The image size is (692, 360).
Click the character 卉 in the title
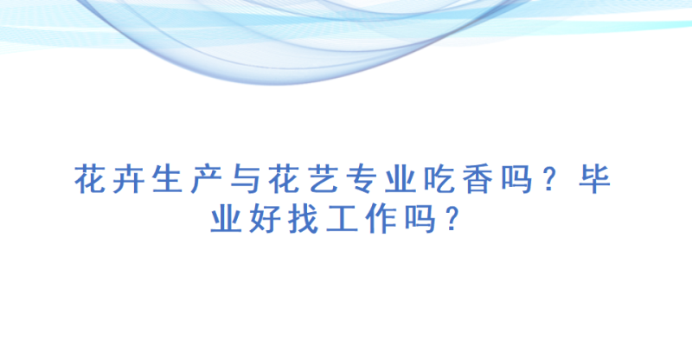(x=128, y=179)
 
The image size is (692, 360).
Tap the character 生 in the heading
(x=167, y=179)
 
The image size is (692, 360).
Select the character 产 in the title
(x=206, y=179)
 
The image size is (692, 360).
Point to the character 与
(x=245, y=179)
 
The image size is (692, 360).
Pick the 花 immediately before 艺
(x=284, y=179)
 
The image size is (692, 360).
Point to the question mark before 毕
(x=550, y=179)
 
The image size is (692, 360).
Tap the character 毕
(x=595, y=179)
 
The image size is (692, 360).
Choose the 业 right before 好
(x=226, y=218)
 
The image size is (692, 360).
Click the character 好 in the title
(x=265, y=218)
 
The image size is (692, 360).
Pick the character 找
(x=304, y=218)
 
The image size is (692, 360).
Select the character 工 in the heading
(x=343, y=218)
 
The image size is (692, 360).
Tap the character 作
(x=381, y=218)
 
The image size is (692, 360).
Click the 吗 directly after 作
(x=420, y=218)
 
